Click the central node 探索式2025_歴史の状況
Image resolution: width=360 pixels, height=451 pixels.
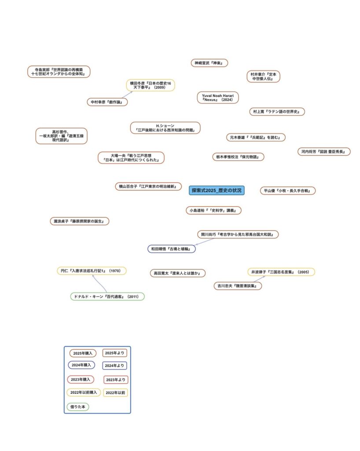[217, 190]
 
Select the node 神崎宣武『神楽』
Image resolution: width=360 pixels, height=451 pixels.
[209, 63]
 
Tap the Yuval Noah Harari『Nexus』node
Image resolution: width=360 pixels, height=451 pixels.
[217, 97]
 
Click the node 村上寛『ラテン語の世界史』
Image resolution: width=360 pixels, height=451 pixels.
[276, 111]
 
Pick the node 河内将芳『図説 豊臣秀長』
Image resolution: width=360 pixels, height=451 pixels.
[323, 152]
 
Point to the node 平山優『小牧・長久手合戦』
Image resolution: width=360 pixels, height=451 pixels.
[287, 191]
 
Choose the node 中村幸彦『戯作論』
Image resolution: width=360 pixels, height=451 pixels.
[107, 102]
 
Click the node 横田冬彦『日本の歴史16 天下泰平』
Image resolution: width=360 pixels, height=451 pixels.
[151, 85]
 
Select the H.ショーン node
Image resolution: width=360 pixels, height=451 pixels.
[165, 128]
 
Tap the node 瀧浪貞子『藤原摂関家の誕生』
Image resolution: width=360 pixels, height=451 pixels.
[79, 221]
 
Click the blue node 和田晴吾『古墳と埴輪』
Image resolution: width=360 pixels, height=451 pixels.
[171, 249]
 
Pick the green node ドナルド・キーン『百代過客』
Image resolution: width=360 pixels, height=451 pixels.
[107, 296]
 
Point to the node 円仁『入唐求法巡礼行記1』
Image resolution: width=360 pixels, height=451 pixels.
[92, 270]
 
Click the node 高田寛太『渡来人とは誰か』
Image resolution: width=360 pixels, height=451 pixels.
[177, 273]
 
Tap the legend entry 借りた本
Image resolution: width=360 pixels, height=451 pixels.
[77, 407]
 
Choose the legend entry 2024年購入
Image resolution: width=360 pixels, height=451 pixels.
[81, 365]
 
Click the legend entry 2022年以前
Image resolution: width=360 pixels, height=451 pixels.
[115, 392]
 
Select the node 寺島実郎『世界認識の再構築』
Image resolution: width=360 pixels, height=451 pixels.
[59, 72]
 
